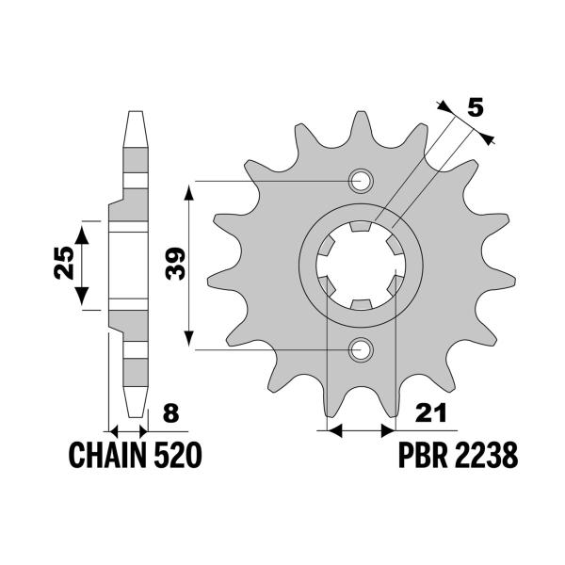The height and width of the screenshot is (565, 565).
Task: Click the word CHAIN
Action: click(106, 457)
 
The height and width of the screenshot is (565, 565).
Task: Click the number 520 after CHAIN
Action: click(175, 457)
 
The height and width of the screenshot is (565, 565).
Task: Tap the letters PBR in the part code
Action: click(422, 457)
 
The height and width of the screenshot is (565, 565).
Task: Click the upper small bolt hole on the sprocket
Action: click(361, 181)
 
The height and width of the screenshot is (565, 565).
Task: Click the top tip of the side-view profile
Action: click(134, 116)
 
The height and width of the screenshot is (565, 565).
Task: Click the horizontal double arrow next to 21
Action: click(359, 431)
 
